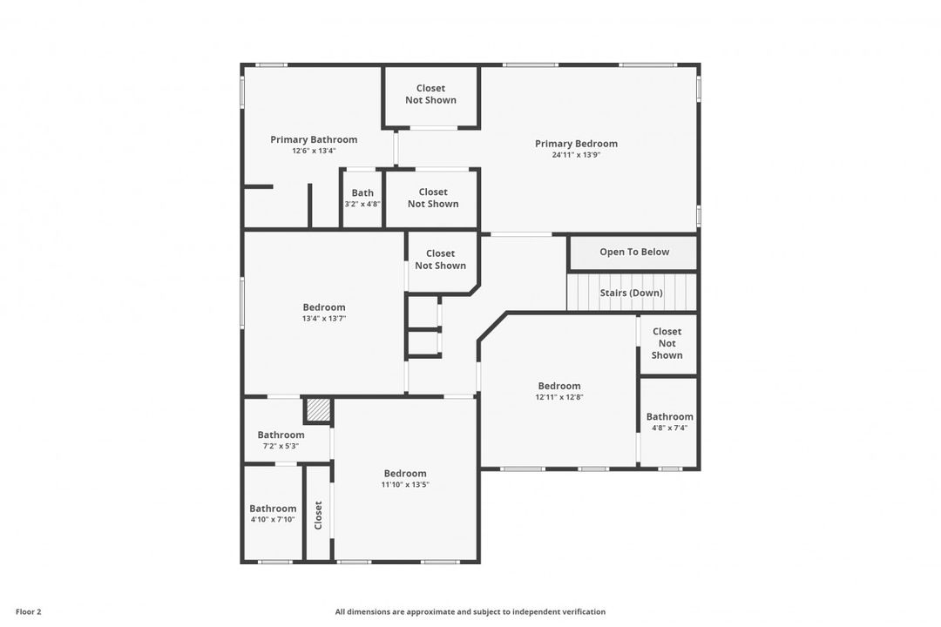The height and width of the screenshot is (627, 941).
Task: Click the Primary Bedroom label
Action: tap(576, 144)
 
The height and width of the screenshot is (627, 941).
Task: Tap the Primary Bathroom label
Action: tap(314, 140)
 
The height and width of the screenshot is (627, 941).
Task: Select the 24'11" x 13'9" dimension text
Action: tap(576, 155)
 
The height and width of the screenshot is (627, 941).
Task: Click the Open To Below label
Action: tap(634, 252)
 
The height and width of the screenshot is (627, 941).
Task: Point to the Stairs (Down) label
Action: tap(632, 293)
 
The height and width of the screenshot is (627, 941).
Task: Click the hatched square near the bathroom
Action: tap(318, 410)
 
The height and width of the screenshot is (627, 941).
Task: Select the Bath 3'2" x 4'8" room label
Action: tap(362, 198)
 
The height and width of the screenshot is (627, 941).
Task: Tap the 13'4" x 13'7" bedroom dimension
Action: tap(324, 319)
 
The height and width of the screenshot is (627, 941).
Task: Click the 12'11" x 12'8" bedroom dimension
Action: tap(559, 397)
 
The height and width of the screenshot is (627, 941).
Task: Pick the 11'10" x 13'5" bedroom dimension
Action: tap(405, 485)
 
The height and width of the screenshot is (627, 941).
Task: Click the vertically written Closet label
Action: tap(318, 515)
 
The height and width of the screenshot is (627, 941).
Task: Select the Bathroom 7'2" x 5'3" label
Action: tap(281, 440)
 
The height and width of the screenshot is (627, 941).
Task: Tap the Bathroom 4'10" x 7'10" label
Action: tap(273, 514)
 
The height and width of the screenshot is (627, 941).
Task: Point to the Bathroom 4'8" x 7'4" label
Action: tap(670, 421)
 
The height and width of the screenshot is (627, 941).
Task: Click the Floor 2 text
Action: tap(28, 612)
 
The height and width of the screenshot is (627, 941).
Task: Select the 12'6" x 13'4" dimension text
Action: tap(314, 152)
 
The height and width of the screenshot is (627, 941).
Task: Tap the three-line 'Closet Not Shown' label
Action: tap(667, 343)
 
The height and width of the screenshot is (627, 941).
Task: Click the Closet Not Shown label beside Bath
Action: tap(433, 198)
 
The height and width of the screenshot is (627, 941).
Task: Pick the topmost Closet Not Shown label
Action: tap(431, 94)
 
